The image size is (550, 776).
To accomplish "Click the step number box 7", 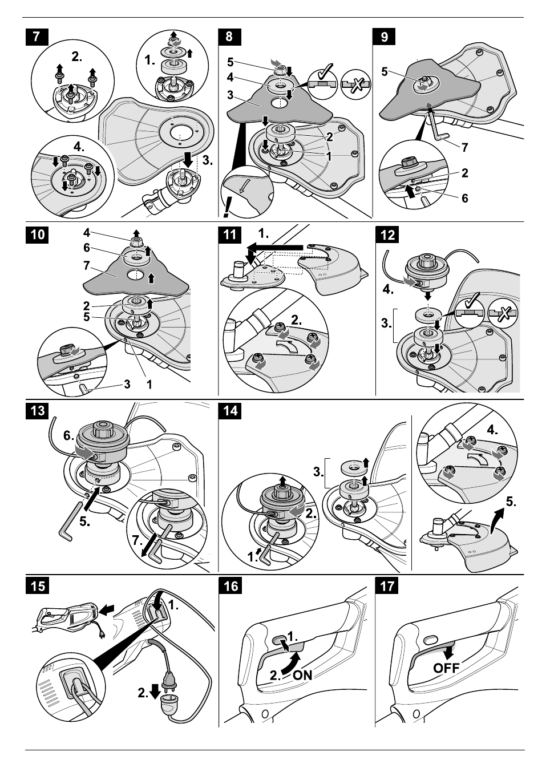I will [37, 37].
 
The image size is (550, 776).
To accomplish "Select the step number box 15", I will [37, 586].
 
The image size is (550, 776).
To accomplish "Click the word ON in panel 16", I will [302, 675].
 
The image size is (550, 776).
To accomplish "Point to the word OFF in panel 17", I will [446, 668].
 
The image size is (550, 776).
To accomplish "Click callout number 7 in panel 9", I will [464, 147].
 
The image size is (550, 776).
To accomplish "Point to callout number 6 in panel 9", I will [464, 198].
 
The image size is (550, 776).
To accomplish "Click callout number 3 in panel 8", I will [230, 95].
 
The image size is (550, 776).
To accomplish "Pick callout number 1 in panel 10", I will [149, 384].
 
